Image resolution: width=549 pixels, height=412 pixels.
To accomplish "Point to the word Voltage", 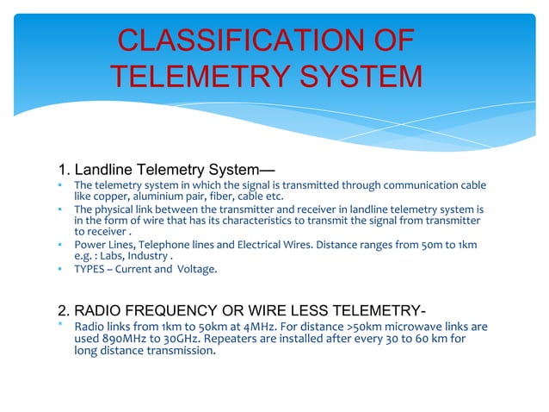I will [x=199, y=269].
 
